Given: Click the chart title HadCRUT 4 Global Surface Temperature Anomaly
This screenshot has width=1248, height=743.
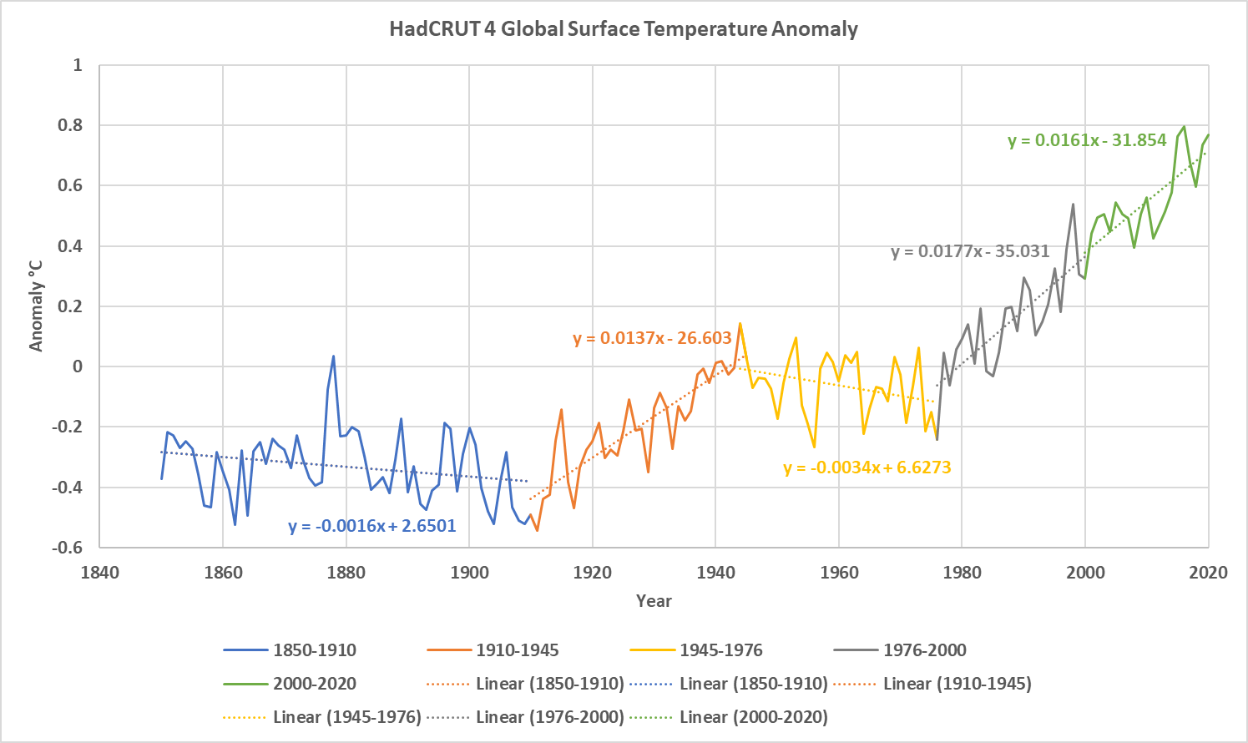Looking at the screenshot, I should point(624,29).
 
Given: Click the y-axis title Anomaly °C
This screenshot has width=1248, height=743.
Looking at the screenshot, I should point(36,306).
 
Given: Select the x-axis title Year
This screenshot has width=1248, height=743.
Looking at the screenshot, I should point(654,601).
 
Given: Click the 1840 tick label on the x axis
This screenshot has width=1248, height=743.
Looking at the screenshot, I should point(99,573).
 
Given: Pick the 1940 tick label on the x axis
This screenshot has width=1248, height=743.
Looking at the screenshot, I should point(715,573).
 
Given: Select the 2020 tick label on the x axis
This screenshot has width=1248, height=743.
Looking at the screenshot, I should point(1208,573).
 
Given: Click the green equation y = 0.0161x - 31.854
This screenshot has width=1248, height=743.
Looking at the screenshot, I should point(1087,140).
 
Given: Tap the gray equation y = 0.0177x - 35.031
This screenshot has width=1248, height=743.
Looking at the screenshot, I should point(970,251).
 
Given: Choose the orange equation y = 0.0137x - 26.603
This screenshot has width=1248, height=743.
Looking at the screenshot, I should point(652,338).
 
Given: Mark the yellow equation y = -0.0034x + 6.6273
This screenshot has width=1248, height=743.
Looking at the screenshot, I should point(867,468).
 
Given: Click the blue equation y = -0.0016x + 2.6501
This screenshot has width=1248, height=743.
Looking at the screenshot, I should point(372,526).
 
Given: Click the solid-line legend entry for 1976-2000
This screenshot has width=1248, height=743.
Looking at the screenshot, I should point(900,650).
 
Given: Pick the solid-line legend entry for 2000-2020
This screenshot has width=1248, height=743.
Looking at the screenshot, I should point(290,684).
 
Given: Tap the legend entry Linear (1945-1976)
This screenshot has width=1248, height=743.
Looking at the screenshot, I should point(322,717).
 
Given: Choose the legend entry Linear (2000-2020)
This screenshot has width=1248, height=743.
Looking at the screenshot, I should point(729,717).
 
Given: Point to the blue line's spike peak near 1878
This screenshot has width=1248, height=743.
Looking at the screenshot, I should point(333,356).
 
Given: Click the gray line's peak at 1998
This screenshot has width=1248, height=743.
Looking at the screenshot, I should point(1073,204).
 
